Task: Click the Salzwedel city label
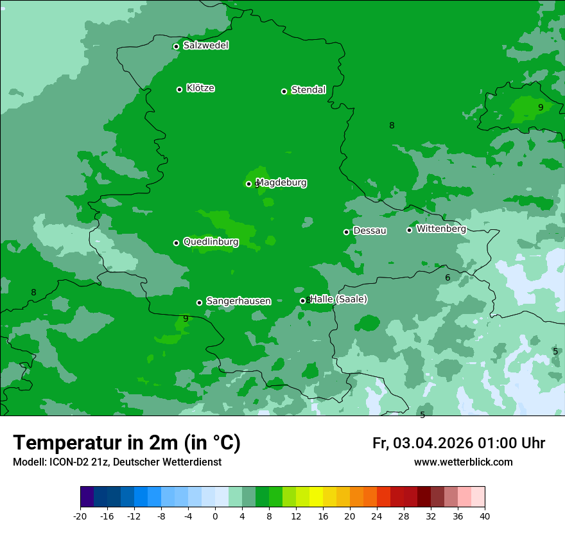[x=205, y=46]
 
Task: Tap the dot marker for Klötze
[x=179, y=89]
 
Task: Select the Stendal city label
[x=308, y=90]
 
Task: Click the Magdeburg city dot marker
[x=248, y=184]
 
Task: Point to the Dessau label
[x=370, y=231]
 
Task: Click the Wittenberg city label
[x=440, y=229]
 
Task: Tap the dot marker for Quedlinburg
[x=176, y=243]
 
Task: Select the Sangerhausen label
[x=238, y=301]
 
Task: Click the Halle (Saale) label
[x=338, y=299]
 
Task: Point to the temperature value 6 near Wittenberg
[x=448, y=277]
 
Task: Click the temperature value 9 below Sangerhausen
[x=186, y=319]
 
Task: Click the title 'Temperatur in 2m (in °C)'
[x=126, y=443]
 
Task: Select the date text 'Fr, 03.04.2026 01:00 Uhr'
[x=458, y=443]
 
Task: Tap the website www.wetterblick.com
[x=463, y=462]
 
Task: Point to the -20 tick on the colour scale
[x=80, y=516]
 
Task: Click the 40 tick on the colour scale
[x=485, y=516]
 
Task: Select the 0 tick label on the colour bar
[x=215, y=516]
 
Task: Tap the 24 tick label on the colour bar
[x=377, y=516]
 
